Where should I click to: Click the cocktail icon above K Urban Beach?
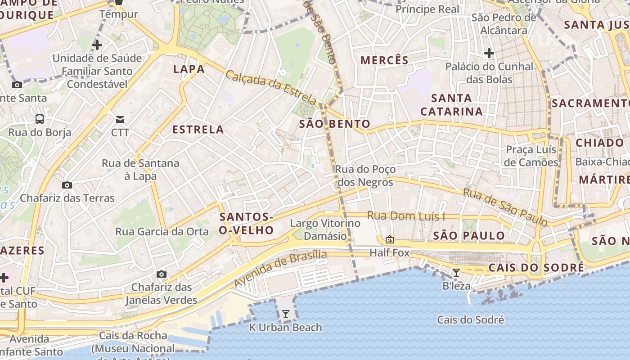285,314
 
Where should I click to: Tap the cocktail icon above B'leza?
456,272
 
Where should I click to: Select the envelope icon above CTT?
120,119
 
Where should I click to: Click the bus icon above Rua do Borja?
40,119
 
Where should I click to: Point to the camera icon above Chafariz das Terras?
67,185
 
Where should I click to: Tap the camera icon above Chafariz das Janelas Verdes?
161,274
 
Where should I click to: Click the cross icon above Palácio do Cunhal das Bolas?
489,54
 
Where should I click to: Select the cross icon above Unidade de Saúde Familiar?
97,45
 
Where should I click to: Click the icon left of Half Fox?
390,239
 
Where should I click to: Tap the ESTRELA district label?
198,130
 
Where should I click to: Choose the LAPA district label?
189,69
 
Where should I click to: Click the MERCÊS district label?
384,60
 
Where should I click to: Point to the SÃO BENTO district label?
334,124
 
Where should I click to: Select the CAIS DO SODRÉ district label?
536,268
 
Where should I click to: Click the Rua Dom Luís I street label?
406,216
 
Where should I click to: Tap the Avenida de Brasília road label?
280,269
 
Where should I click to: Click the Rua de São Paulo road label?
505,207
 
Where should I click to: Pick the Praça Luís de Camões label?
531,156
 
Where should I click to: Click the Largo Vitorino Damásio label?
325,229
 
